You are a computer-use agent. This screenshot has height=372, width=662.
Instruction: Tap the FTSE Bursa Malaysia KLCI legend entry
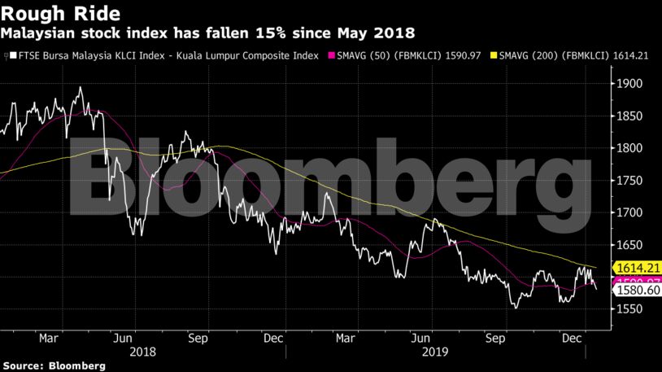click(x=162, y=55)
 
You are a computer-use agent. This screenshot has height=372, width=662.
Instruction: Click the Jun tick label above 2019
click(x=421, y=335)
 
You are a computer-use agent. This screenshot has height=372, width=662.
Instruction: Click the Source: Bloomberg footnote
click(x=53, y=364)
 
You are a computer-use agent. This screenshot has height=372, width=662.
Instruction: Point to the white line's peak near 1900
click(x=80, y=87)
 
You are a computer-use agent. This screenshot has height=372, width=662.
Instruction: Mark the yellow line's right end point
click(x=598, y=268)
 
